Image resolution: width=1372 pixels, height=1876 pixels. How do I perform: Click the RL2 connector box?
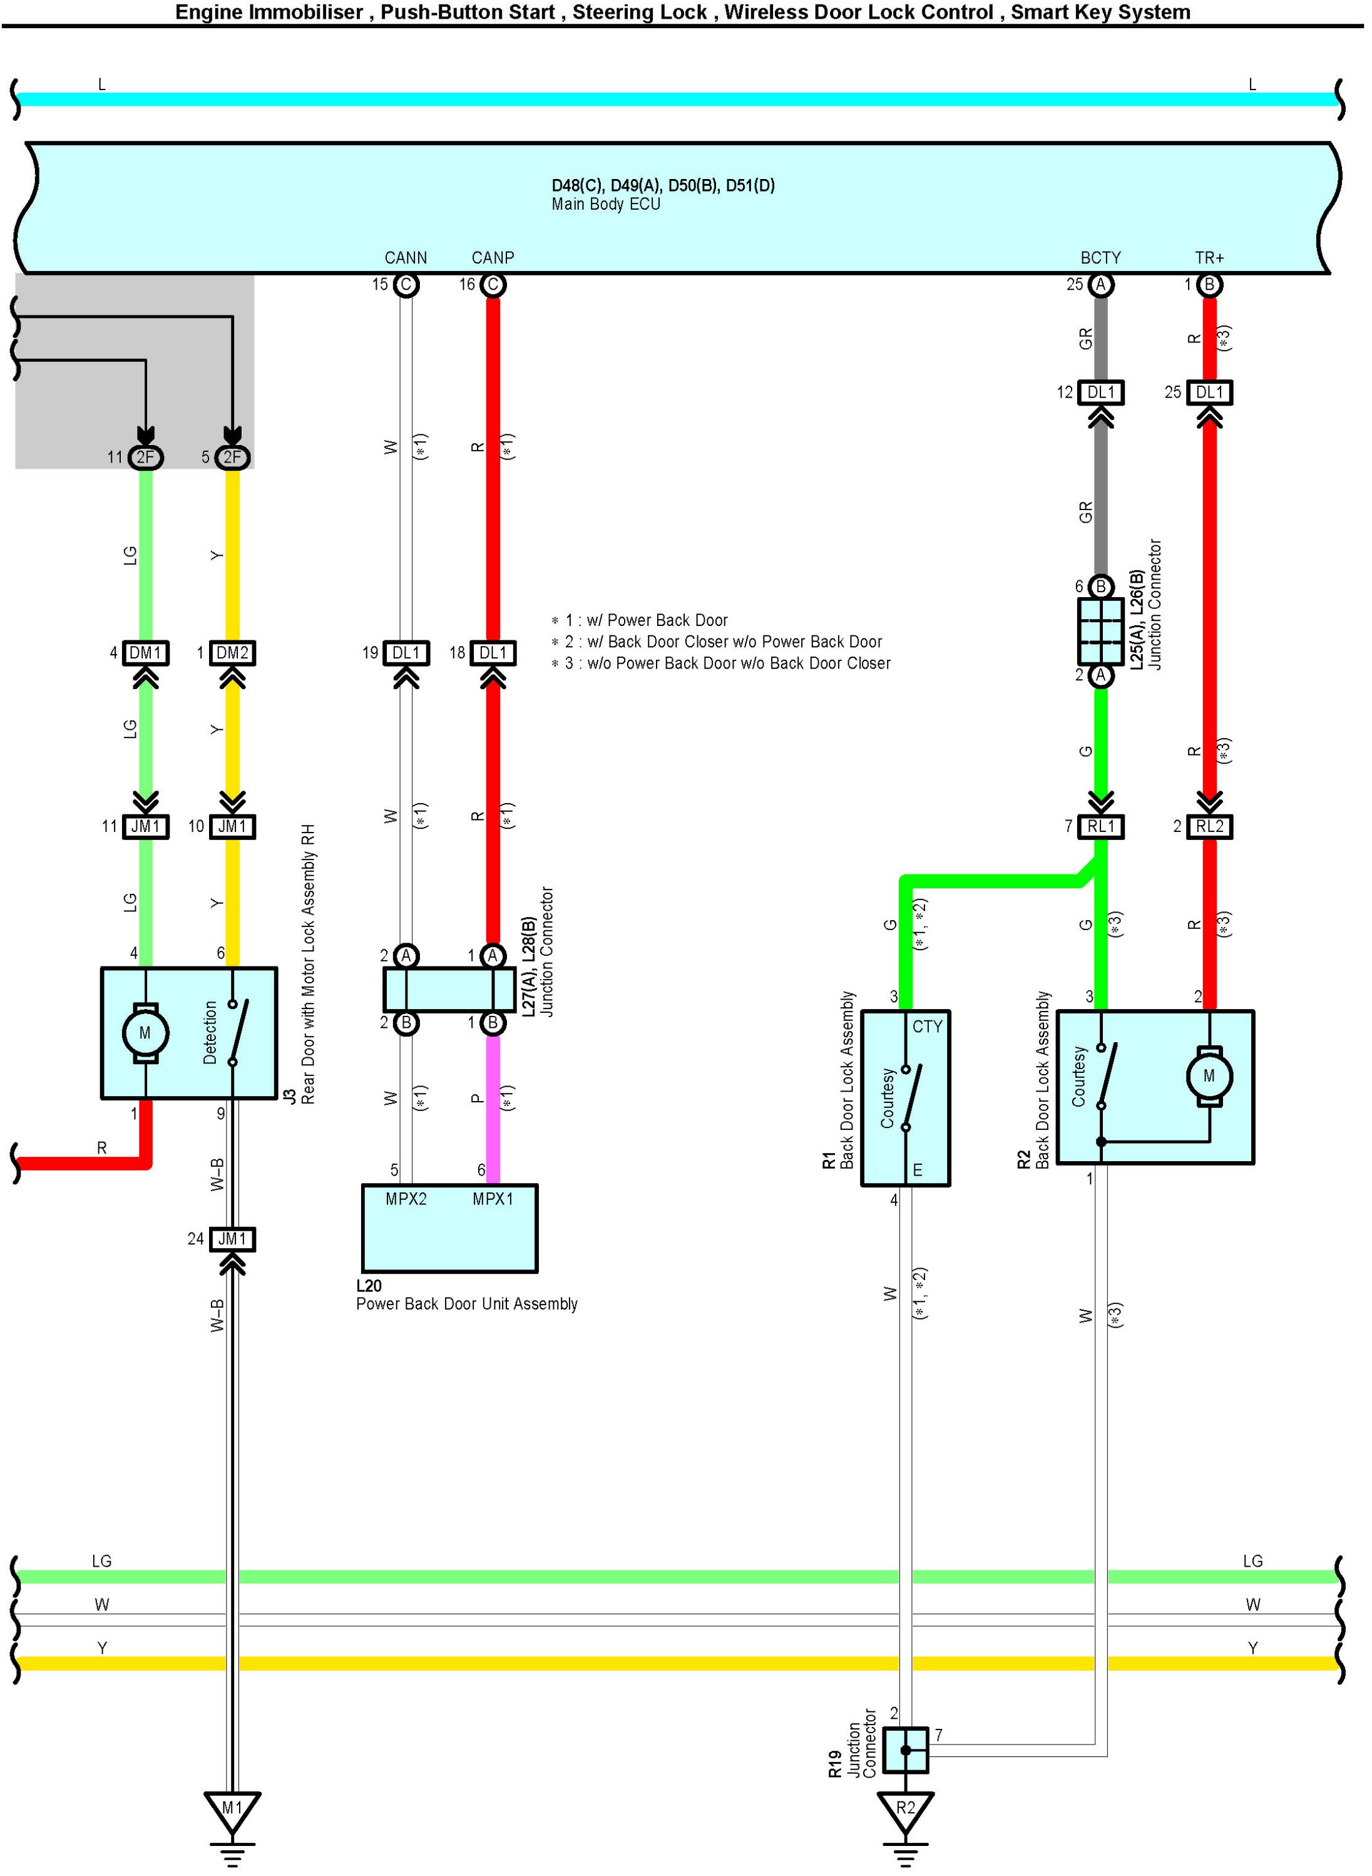1209,826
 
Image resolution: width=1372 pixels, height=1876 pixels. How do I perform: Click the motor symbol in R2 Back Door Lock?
1209,1076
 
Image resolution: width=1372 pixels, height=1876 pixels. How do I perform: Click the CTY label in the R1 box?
927,1027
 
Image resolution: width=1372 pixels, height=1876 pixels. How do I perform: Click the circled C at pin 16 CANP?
493,285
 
